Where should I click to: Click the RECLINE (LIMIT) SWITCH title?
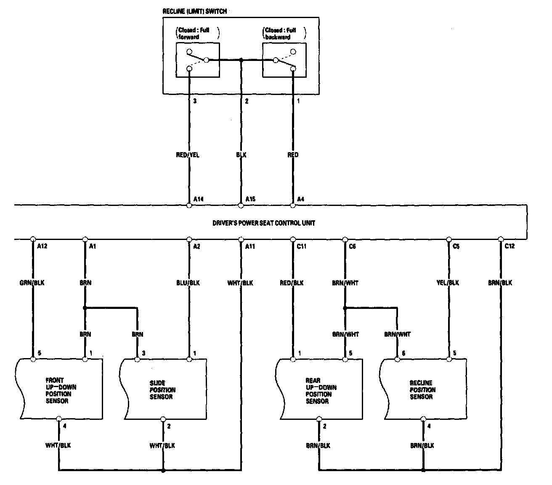pyautogui.click(x=194, y=11)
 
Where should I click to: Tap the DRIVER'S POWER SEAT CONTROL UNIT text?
pyautogui.click(x=263, y=223)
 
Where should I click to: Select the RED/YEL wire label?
pyautogui.click(x=188, y=155)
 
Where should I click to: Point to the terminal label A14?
pyautogui.click(x=199, y=199)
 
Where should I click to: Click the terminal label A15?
pyautogui.click(x=250, y=199)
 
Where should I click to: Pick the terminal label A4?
pyautogui.click(x=301, y=199)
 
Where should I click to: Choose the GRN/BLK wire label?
pyautogui.click(x=32, y=283)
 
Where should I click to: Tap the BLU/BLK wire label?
pyautogui.click(x=188, y=283)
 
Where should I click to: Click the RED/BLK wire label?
pyautogui.click(x=292, y=283)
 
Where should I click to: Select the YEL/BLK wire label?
pyautogui.click(x=448, y=283)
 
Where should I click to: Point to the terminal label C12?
pyautogui.click(x=510, y=246)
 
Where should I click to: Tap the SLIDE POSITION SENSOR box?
pyautogui.click(x=163, y=390)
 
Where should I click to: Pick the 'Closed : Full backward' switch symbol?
pyautogui.click(x=284, y=60)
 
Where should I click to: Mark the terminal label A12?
pyautogui.click(x=42, y=246)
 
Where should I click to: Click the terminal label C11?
pyautogui.click(x=301, y=246)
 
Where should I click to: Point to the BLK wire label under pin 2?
pyautogui.click(x=241, y=155)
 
